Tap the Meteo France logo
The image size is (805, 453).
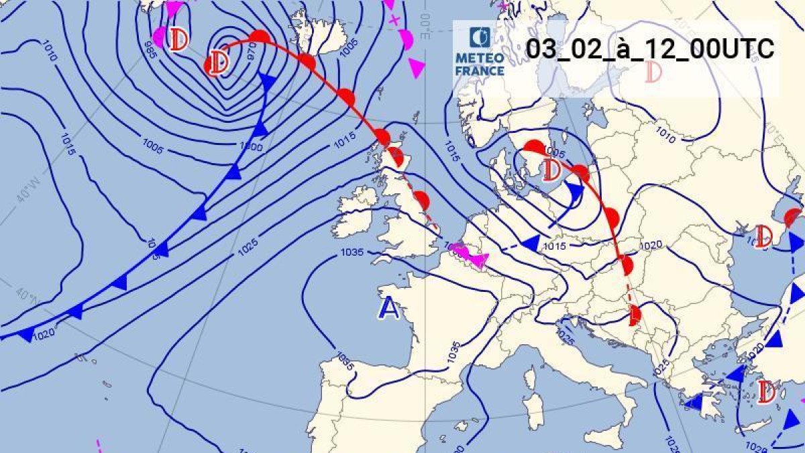tap(480, 52)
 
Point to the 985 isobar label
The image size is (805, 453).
tap(151, 48)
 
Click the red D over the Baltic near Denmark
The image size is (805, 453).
tap(551, 170)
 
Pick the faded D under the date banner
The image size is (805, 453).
tap(653, 72)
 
